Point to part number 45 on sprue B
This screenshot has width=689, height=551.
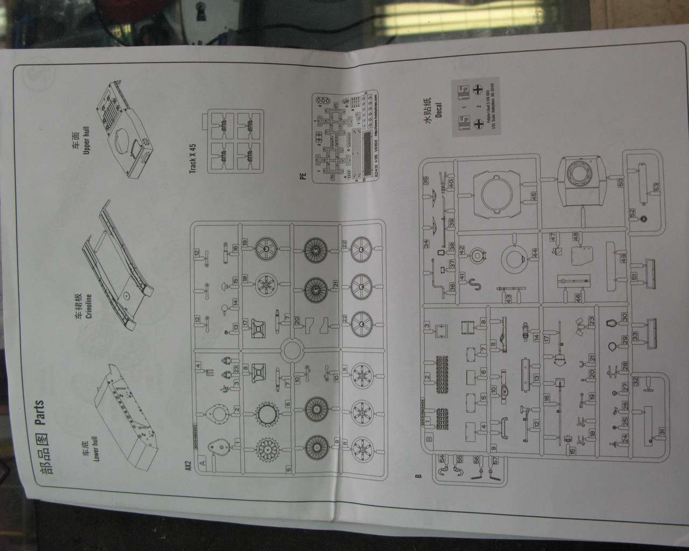click(x=533, y=196)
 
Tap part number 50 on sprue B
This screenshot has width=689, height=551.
click(x=621, y=183)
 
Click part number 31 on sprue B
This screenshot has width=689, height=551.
click(x=662, y=430)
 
